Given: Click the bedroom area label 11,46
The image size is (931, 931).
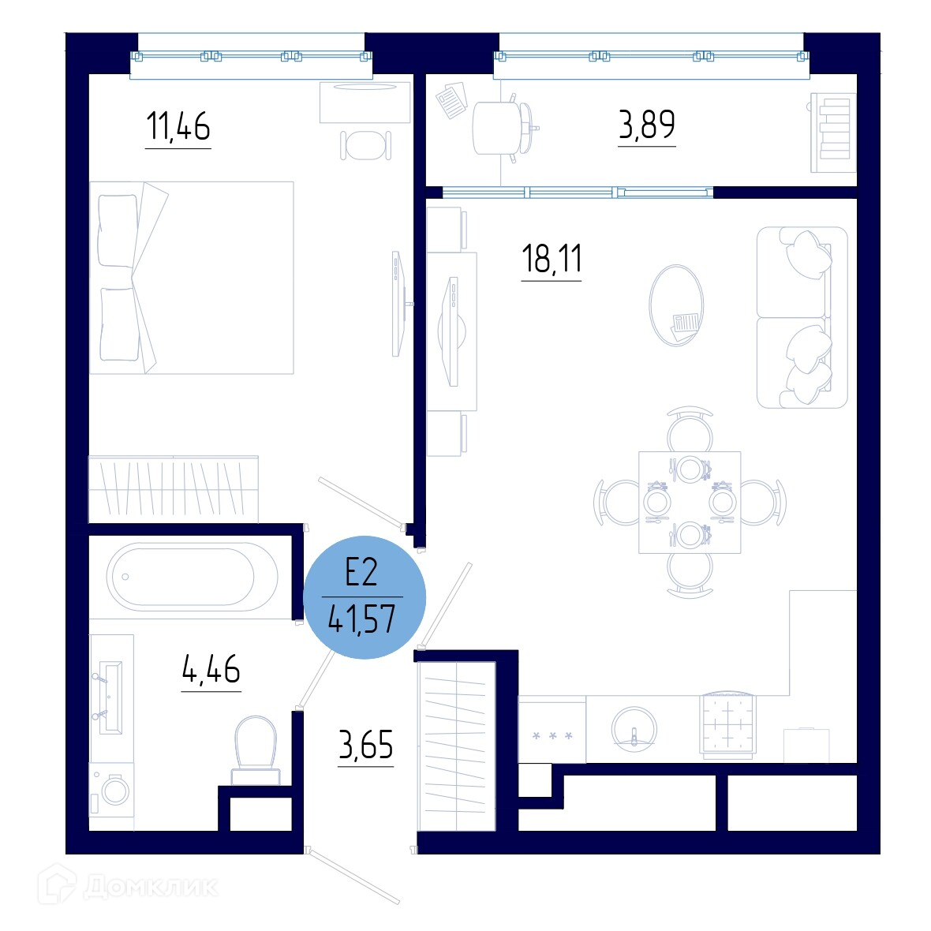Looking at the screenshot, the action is pos(178,126).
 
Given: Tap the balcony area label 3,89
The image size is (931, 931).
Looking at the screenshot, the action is pos(647,125).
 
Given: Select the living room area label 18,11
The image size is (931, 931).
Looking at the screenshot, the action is pos(551,259).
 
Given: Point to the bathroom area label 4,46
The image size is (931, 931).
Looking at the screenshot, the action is pos(211,669).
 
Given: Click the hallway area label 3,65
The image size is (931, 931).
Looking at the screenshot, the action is pos(366,745).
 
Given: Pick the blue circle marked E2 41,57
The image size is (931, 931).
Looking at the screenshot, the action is pos(365,597).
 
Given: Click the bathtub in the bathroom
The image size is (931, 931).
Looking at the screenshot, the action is pos(192,577).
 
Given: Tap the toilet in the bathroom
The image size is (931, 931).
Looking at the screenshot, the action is pos(256,750).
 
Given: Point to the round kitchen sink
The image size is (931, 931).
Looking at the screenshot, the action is pos(634,729).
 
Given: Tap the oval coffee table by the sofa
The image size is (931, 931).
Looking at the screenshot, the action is pos(676,305).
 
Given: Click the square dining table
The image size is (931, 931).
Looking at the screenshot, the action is pos(690,503).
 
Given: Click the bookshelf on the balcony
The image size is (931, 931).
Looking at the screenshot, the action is pos(834,133).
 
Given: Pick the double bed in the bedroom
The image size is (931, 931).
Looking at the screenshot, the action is pos(191,278).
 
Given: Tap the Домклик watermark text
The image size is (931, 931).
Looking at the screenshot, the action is pos(151,888).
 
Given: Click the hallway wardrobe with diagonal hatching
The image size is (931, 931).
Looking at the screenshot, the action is pos(457,746).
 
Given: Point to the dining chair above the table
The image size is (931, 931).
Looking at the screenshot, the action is pos(690,429).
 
